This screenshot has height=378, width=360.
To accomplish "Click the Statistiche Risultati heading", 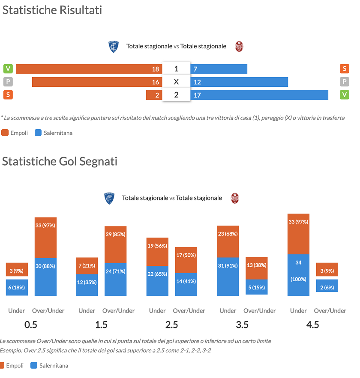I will tap(52, 10).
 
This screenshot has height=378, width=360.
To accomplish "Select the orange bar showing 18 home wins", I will tap(89, 69).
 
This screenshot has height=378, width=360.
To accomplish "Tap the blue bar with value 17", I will tap(259, 95).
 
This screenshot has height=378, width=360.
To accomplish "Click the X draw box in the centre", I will tap(176, 82).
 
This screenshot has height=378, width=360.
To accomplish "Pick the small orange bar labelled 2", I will tap(154, 95).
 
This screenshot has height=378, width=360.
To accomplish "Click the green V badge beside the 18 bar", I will tap(8, 69).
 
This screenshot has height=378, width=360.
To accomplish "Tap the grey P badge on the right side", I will tap(344, 82).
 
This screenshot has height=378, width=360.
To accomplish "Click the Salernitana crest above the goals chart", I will tap(235, 198).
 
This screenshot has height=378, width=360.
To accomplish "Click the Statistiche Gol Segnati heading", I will tap(60, 161).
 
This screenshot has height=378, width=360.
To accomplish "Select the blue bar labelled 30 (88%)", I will tap(45, 277).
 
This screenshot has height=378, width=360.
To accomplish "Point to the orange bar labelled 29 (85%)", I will tap(115, 244).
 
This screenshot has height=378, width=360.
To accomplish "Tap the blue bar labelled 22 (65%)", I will tap(157, 281).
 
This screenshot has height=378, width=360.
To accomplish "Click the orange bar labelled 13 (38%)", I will tap(256, 268).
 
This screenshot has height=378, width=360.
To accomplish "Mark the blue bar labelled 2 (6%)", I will tap(327, 286).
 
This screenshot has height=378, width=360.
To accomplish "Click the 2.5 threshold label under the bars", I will tap(171, 324).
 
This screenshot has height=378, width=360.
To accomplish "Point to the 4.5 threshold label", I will tap(312, 324).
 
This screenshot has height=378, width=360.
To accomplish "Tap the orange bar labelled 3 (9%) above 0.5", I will tap(17, 270).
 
